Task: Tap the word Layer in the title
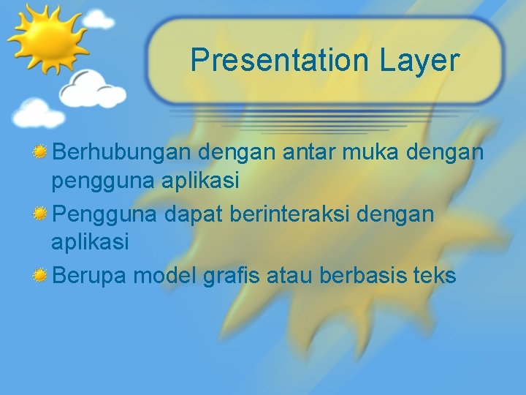[x=419, y=60]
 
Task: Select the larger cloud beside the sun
[x=93, y=89]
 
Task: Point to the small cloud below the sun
[x=38, y=113]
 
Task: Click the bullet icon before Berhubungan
[x=42, y=152]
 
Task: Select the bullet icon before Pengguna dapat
[x=42, y=215]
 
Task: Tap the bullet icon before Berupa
[x=42, y=276]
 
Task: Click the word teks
[x=435, y=276]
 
